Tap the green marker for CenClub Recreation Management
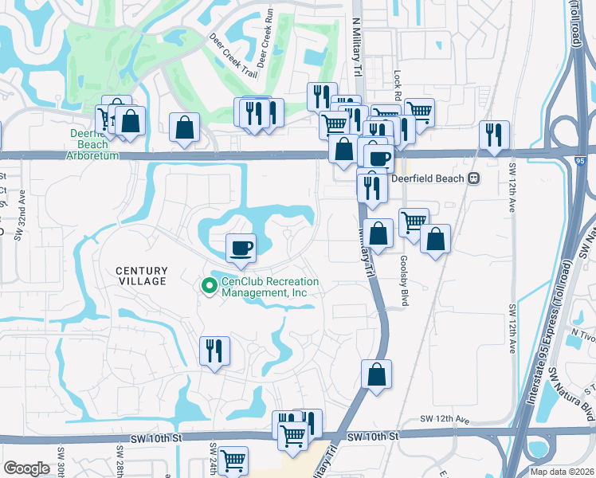(210, 284)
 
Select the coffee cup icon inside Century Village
(241, 248)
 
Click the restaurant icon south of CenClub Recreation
(214, 350)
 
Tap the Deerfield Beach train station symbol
(475, 178)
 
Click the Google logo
(26, 468)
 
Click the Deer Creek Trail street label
(233, 56)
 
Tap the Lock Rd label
(396, 77)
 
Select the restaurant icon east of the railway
(494, 135)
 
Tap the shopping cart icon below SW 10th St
(233, 460)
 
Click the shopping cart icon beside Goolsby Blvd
(413, 221)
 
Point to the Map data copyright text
(563, 472)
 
